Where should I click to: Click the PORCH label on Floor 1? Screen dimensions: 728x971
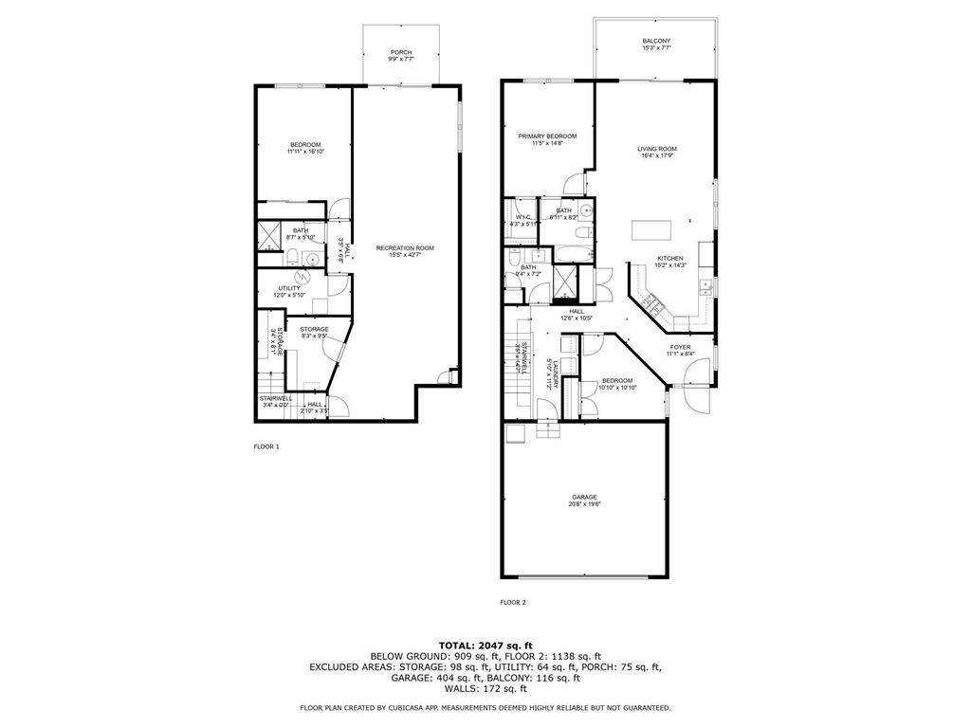[x=400, y=52]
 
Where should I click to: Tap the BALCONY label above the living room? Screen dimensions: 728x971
[x=656, y=41]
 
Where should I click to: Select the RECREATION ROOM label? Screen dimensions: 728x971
[x=405, y=248]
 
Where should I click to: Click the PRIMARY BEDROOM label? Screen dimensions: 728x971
[x=548, y=136]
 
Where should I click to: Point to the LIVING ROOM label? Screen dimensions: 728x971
[x=656, y=149]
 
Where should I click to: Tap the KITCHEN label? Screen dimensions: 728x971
[x=670, y=258]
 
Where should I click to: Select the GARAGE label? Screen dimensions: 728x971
[x=584, y=497]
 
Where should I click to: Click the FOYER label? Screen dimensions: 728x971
[x=680, y=348]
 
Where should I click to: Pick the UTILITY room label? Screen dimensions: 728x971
[x=289, y=288]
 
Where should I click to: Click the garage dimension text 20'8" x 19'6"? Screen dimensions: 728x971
[x=584, y=504]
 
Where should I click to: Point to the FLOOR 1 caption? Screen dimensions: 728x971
[x=266, y=446]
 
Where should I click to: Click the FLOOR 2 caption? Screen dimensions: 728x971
[x=512, y=602]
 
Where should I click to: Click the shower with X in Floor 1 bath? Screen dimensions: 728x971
[x=269, y=235]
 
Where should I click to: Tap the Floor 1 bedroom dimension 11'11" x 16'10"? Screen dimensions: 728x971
[x=303, y=152]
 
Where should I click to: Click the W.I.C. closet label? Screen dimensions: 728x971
[x=522, y=217]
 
